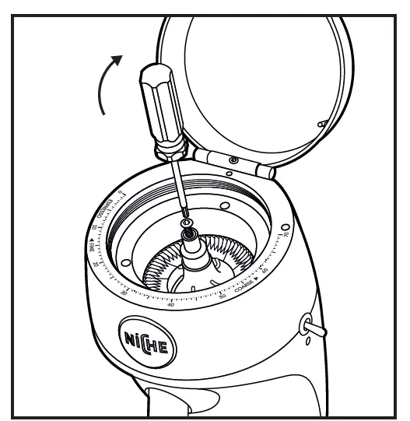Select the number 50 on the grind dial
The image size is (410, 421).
click(x=223, y=298)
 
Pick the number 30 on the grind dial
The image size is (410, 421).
click(x=125, y=292)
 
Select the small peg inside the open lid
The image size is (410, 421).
click(x=321, y=123)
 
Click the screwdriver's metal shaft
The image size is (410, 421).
click(x=177, y=187)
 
